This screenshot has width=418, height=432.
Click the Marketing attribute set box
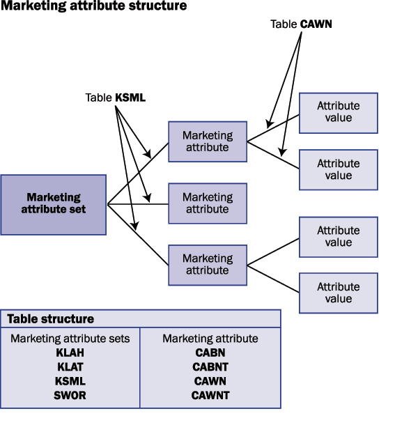click(x=54, y=204)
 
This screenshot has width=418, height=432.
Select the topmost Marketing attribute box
click(x=208, y=142)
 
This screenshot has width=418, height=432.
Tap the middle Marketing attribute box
click(x=208, y=203)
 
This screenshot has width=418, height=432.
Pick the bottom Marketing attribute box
click(x=208, y=265)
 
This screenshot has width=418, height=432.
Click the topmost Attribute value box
click(x=339, y=112)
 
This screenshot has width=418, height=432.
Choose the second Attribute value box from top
click(x=339, y=169)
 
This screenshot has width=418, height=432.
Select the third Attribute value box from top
click(x=339, y=237)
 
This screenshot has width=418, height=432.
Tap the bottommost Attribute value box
click(x=339, y=293)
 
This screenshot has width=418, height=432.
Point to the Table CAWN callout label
click(x=302, y=24)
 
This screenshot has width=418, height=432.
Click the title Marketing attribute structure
click(x=94, y=7)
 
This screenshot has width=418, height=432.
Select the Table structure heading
click(x=50, y=319)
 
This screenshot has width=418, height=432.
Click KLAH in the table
click(x=70, y=353)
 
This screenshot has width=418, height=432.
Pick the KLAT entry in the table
click(x=70, y=367)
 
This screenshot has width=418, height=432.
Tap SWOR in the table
click(x=70, y=395)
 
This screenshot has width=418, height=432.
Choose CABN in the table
click(x=210, y=353)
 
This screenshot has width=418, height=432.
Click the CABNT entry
click(x=210, y=367)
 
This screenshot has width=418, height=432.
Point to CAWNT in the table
click(x=210, y=395)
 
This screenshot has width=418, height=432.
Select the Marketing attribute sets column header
click(x=70, y=339)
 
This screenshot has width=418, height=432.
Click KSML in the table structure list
click(x=70, y=381)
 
